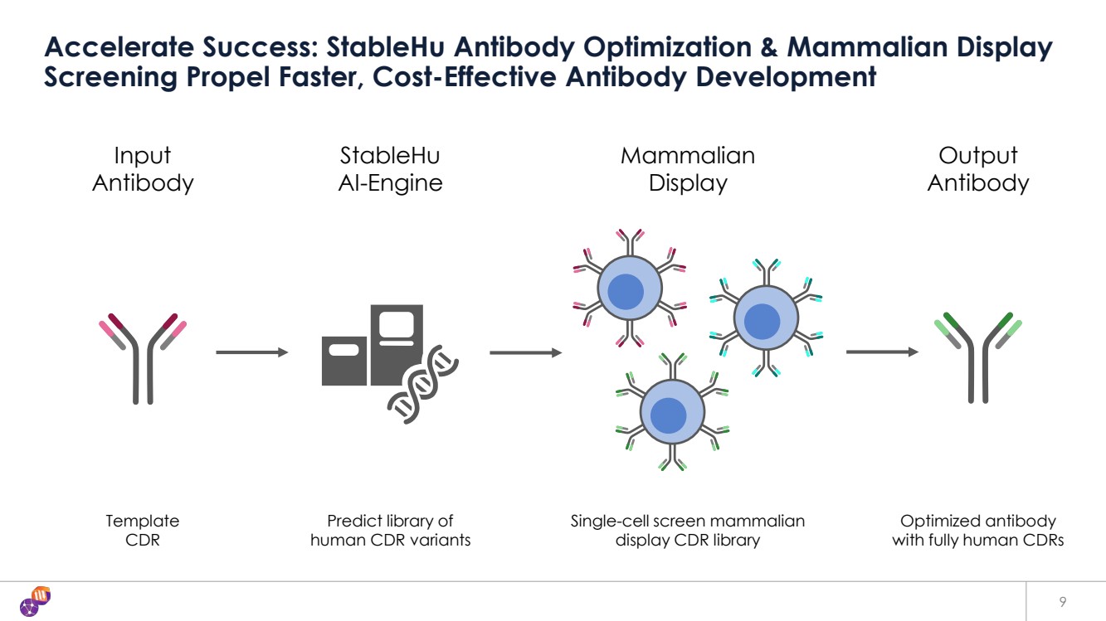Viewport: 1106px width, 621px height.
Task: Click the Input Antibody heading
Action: pyautogui.click(x=143, y=169)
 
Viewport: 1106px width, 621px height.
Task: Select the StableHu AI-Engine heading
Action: pyautogui.click(x=390, y=169)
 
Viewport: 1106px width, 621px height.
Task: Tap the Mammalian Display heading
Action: pyautogui.click(x=688, y=169)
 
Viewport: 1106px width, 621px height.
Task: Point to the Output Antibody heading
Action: pyautogui.click(x=978, y=169)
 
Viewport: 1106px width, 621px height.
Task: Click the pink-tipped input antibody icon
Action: pyautogui.click(x=143, y=359)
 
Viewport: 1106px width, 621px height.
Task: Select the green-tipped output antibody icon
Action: pyautogui.click(x=978, y=357)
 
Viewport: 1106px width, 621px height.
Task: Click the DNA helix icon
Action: pyautogui.click(x=422, y=385)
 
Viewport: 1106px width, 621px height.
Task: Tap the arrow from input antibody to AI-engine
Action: pyautogui.click(x=251, y=352)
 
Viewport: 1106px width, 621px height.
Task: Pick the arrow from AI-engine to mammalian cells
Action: pyautogui.click(x=526, y=352)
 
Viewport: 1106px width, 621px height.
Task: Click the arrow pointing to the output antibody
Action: pyautogui.click(x=882, y=352)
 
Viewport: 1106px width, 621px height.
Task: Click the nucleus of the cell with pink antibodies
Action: pyautogui.click(x=626, y=292)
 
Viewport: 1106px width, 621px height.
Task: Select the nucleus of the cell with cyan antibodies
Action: pyautogui.click(x=762, y=321)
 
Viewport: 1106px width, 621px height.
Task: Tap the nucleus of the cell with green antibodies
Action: pyautogui.click(x=668, y=416)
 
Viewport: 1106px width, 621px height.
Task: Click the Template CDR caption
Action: pyautogui.click(x=143, y=531)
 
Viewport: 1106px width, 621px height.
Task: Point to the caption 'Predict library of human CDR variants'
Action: pyautogui.click(x=390, y=531)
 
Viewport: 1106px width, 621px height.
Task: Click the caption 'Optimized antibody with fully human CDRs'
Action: pyautogui.click(x=978, y=531)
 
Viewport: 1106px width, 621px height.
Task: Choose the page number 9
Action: pyautogui.click(x=1063, y=602)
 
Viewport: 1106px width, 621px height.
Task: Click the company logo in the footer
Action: pyautogui.click(x=36, y=601)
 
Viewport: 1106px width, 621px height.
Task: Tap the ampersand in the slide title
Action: pyautogui.click(x=769, y=47)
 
